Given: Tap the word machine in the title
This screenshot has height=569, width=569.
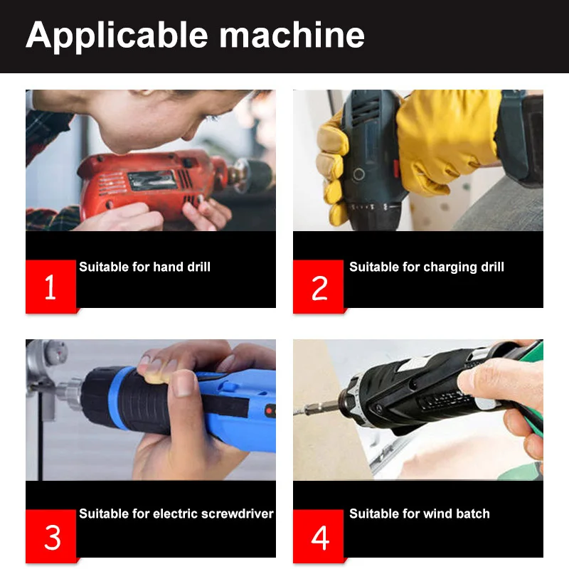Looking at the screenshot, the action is click(292, 35).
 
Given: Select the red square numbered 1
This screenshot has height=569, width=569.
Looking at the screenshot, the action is click(50, 287).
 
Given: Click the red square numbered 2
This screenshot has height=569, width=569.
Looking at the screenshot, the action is click(319, 287).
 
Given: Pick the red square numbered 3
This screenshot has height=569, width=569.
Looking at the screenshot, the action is click(50, 536).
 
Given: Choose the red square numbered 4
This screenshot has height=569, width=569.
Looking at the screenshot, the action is click(319, 536).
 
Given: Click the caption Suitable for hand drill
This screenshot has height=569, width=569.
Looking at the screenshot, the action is click(145, 267).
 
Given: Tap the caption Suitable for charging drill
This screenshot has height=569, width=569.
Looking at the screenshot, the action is click(427, 268).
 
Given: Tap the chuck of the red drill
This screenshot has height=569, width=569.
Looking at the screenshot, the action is click(250, 175).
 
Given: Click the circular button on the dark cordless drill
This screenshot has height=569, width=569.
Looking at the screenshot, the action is click(359, 174).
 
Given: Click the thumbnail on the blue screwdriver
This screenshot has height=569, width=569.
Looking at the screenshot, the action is click(184, 384).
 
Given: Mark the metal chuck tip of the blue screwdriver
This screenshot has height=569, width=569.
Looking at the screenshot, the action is click(69, 394).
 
